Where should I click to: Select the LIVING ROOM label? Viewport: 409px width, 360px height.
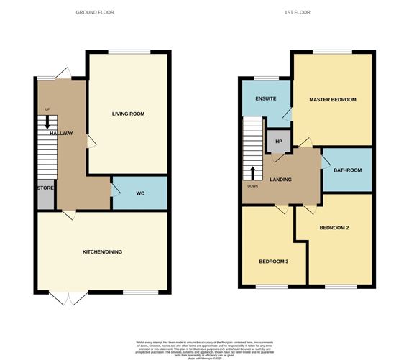[x=129, y=114]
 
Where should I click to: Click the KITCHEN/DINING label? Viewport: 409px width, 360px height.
[x=103, y=251]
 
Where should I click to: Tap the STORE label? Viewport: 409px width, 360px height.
[x=45, y=188]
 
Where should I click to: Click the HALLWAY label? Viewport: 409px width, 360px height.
[x=61, y=134]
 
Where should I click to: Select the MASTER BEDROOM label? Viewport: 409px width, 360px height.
[x=333, y=99]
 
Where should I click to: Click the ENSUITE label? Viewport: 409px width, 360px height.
[x=265, y=99]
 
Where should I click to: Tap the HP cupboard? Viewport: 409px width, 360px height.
[x=280, y=141]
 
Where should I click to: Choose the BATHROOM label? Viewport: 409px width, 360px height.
[x=347, y=170]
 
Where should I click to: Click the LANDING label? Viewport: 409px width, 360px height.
[x=280, y=179]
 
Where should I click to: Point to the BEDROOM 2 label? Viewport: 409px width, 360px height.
[x=334, y=228]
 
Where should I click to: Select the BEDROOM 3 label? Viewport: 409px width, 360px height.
[x=274, y=261]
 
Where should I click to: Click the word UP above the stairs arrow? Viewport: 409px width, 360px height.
[x=47, y=109]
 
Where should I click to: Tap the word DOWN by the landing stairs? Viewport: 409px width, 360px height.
[x=252, y=186]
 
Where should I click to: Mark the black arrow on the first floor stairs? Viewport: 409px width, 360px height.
[x=252, y=173]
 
